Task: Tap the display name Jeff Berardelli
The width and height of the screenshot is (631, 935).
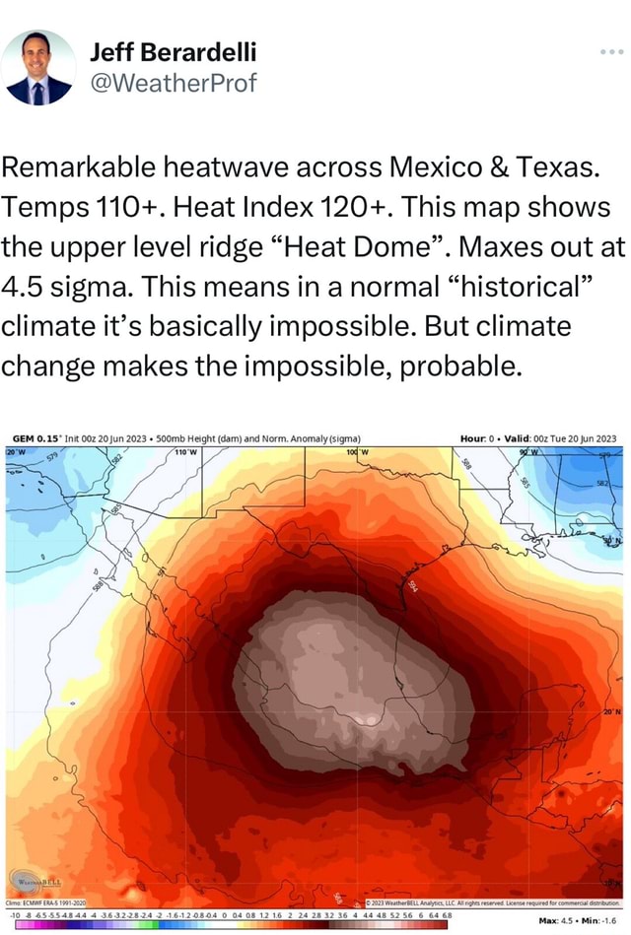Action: coord(173,51)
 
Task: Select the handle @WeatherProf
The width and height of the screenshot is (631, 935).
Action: coord(173,82)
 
